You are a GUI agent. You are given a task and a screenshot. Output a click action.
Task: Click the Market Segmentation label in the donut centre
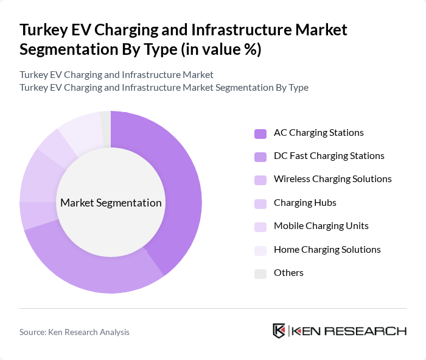(111, 203)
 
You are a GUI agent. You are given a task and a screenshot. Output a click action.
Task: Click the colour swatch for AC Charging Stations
(260, 133)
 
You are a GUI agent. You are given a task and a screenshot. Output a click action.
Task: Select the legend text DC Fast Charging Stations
(329, 156)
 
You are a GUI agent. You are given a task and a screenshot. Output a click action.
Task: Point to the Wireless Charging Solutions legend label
(332, 179)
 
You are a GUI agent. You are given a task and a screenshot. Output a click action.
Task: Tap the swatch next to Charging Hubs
(260, 203)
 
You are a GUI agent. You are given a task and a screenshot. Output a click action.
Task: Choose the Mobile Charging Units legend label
(321, 226)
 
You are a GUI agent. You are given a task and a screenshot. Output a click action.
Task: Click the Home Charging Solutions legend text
(327, 249)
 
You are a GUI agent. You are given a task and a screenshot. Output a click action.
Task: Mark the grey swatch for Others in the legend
(260, 274)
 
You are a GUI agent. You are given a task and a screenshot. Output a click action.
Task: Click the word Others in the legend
(288, 273)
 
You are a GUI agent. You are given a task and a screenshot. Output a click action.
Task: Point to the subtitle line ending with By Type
(164, 87)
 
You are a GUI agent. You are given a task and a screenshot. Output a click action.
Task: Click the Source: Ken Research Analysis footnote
(74, 332)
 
